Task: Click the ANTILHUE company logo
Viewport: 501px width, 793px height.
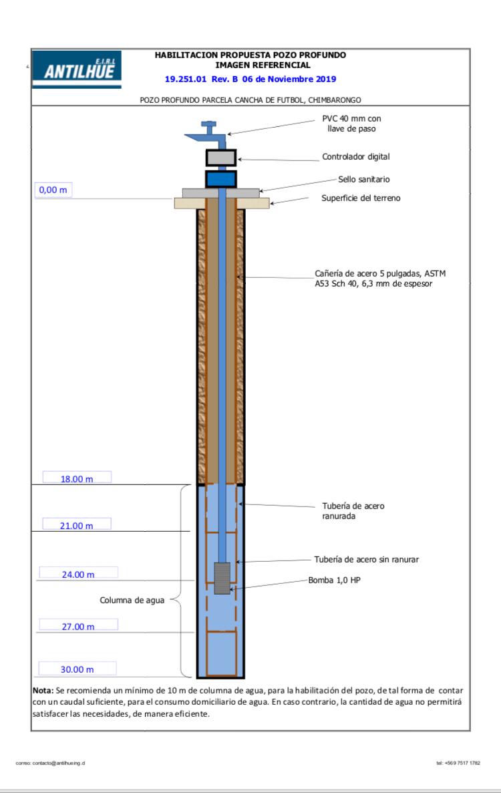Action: click(x=77, y=69)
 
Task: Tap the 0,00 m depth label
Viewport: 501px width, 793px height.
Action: click(x=53, y=190)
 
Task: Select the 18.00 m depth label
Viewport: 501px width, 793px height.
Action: click(x=77, y=478)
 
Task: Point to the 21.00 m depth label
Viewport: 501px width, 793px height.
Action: click(x=76, y=526)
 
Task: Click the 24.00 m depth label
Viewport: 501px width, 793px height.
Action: click(x=78, y=574)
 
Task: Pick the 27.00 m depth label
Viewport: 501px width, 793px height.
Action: click(x=78, y=626)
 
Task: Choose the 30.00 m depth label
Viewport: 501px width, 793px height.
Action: click(x=77, y=669)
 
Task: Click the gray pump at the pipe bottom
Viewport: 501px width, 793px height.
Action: click(x=222, y=578)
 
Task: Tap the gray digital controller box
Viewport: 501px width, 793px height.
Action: click(x=221, y=158)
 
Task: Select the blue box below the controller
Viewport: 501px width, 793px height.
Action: click(x=221, y=179)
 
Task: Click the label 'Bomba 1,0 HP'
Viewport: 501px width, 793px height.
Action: click(x=334, y=580)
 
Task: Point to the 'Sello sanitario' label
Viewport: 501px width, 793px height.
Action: click(x=364, y=179)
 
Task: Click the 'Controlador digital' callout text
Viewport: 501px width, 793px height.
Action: click(x=356, y=157)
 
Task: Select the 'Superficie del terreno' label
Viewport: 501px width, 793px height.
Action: click(x=361, y=198)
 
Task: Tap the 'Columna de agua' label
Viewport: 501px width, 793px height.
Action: click(x=132, y=601)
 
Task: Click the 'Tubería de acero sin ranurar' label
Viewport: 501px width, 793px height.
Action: click(x=367, y=559)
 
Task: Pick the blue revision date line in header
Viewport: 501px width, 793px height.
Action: click(x=251, y=79)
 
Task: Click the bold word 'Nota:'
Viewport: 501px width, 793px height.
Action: click(x=43, y=690)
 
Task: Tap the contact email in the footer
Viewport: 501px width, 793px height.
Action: click(x=50, y=763)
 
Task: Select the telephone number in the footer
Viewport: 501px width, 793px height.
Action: click(x=458, y=763)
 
